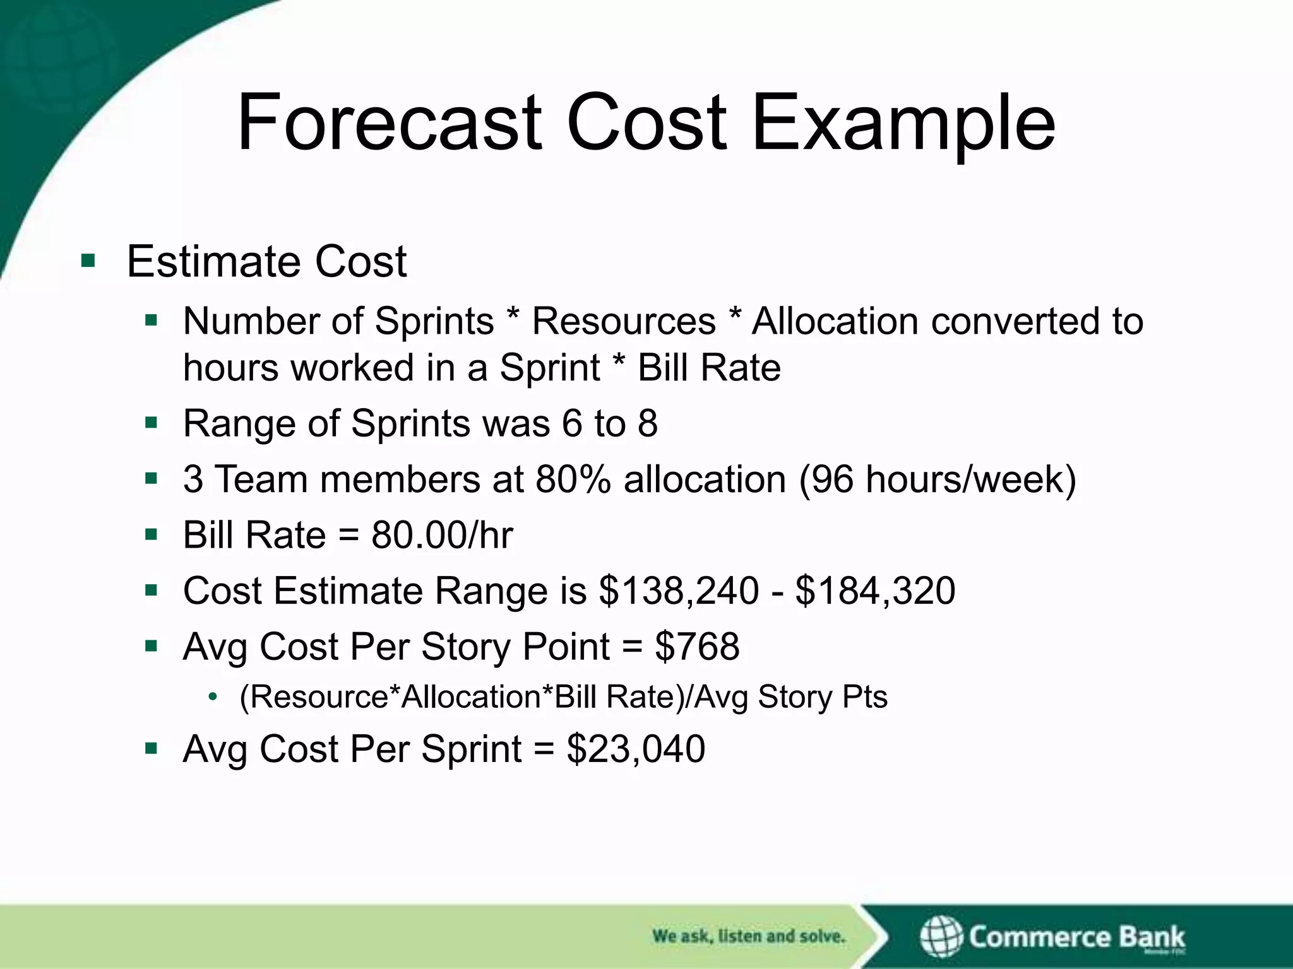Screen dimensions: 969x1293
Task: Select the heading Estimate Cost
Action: point(266,261)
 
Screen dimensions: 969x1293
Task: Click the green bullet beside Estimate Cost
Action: point(88,260)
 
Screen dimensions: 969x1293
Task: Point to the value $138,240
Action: point(679,591)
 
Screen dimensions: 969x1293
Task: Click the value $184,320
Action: point(875,591)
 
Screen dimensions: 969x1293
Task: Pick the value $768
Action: point(697,647)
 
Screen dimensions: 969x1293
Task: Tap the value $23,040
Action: point(635,749)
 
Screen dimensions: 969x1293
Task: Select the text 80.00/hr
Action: point(442,536)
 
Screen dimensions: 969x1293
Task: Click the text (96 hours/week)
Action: point(938,479)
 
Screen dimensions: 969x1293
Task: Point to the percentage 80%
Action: point(573,479)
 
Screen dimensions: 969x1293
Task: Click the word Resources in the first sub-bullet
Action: point(624,321)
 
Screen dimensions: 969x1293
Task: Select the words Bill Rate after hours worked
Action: point(709,368)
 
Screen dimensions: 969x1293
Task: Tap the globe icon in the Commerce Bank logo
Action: point(941,936)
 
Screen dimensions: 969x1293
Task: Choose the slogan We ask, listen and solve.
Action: point(748,936)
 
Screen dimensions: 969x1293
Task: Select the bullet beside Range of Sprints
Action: point(150,423)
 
